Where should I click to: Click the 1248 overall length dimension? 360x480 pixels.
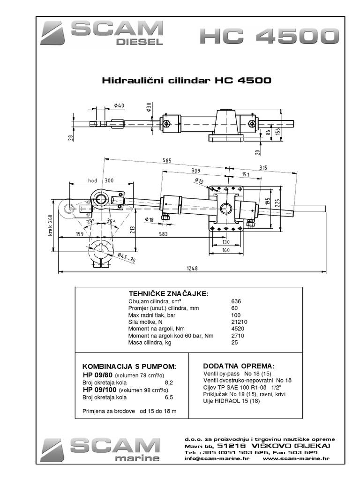point(192,268)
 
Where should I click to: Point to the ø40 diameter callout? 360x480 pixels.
point(119,106)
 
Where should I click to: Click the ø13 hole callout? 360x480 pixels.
point(199,180)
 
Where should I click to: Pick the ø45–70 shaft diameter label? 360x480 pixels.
point(127,258)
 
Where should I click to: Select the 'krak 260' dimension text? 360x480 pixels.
point(51,219)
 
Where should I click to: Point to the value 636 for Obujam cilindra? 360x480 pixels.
point(236,301)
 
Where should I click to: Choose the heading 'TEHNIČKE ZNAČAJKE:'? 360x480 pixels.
point(161,293)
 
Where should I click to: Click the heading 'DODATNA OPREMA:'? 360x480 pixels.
point(239,366)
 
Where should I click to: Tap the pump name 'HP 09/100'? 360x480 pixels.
point(100,389)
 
